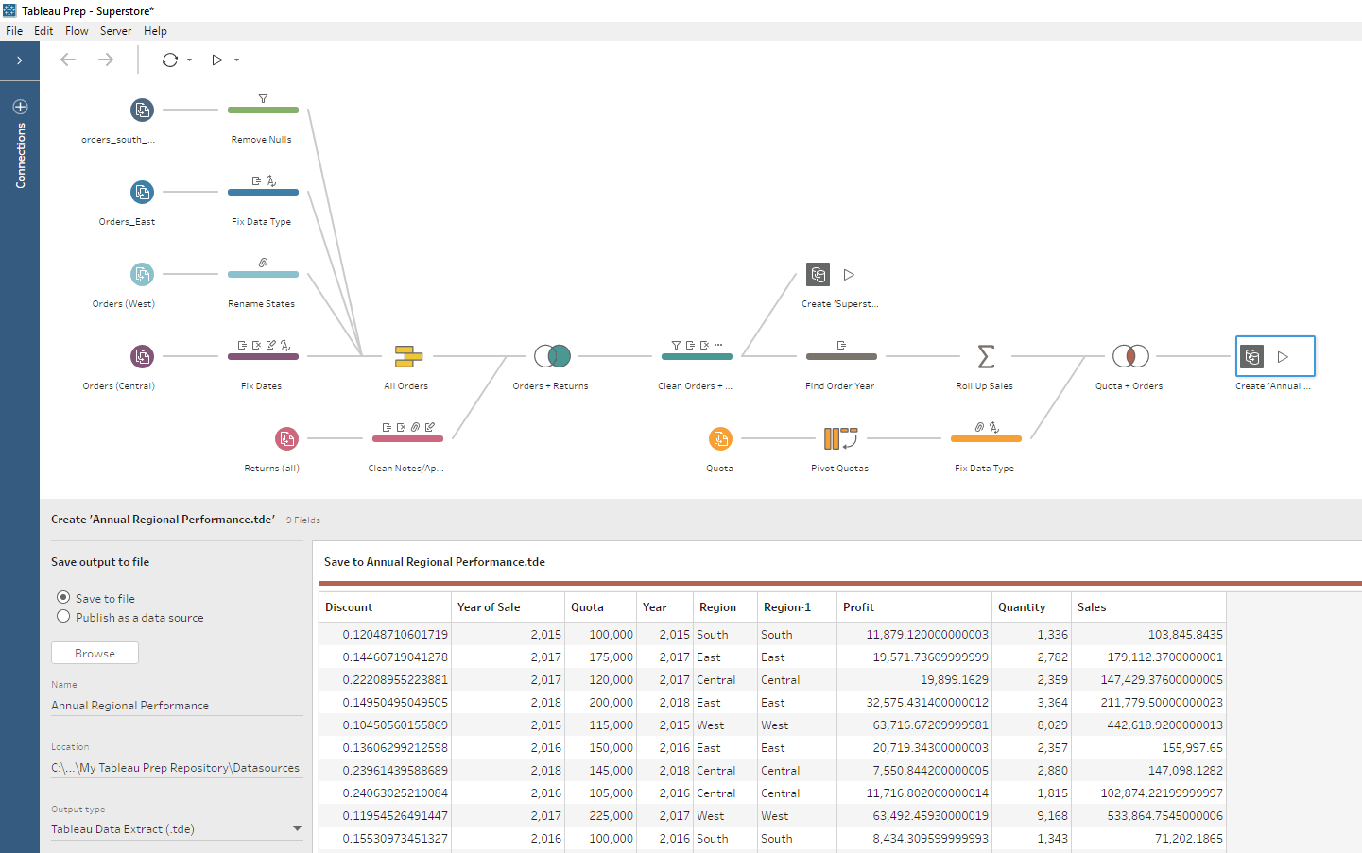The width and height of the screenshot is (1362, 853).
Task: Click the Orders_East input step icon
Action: (x=142, y=193)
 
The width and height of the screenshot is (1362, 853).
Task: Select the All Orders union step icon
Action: (x=408, y=356)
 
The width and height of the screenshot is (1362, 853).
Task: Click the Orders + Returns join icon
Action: (x=552, y=356)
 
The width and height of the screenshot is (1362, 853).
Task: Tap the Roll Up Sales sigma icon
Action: (x=986, y=356)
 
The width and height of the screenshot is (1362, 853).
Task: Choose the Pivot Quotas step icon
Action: (x=839, y=438)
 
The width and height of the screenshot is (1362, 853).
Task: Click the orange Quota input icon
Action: (x=720, y=438)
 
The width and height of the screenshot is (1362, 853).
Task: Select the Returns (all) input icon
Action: (x=286, y=438)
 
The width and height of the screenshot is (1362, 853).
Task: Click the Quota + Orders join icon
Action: (x=1130, y=356)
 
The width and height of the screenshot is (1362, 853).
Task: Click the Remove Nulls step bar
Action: (x=263, y=111)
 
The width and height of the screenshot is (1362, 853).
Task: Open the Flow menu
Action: (x=77, y=31)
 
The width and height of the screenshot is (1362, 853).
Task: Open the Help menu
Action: (x=155, y=31)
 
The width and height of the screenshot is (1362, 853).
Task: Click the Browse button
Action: (x=95, y=653)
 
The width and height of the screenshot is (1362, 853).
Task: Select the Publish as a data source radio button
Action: (x=63, y=617)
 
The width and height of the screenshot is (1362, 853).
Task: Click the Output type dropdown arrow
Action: (x=297, y=828)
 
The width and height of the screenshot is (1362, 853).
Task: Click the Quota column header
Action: (x=587, y=607)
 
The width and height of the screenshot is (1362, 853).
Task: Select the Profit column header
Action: (x=858, y=607)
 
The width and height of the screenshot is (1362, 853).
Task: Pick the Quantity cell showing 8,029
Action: (x=1052, y=725)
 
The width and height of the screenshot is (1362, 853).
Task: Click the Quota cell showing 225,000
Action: (x=611, y=816)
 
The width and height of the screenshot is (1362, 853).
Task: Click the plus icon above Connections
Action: (x=20, y=107)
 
